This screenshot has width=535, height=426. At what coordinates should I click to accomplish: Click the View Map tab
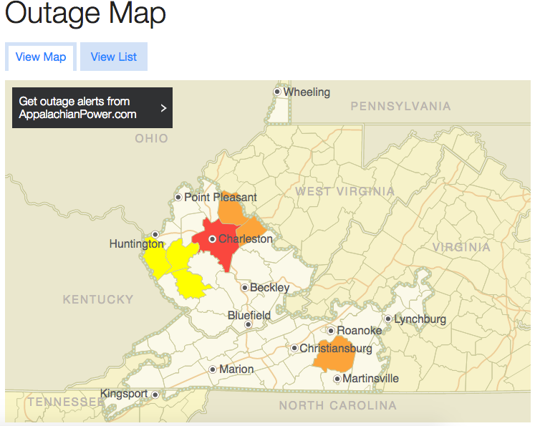[40, 57]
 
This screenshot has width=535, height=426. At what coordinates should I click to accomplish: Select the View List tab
[113, 57]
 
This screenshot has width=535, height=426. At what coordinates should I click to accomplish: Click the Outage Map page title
[85, 14]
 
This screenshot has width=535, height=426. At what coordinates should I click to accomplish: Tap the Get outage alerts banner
[92, 108]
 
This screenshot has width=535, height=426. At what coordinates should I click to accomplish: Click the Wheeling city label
[306, 92]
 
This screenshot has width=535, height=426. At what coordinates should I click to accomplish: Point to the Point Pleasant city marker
[178, 197]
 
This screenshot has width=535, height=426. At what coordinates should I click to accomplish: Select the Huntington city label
[136, 244]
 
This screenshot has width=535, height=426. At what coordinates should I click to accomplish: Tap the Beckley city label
[269, 288]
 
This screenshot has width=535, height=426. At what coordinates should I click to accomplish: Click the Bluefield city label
[249, 315]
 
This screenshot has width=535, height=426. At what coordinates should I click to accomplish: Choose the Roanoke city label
[359, 331]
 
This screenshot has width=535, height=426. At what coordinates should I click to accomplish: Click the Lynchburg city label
[420, 319]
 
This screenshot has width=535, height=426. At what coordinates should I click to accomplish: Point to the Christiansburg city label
[335, 349]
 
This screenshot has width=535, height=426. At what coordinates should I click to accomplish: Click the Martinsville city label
[370, 379]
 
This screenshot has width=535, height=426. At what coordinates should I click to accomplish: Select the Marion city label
[236, 369]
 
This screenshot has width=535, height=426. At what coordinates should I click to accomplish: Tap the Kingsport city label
[124, 394]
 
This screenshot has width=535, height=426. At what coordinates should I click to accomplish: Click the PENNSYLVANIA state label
[400, 107]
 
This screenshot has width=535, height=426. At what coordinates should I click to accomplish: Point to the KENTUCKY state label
[98, 299]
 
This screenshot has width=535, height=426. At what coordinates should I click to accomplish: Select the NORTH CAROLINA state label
[337, 406]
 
